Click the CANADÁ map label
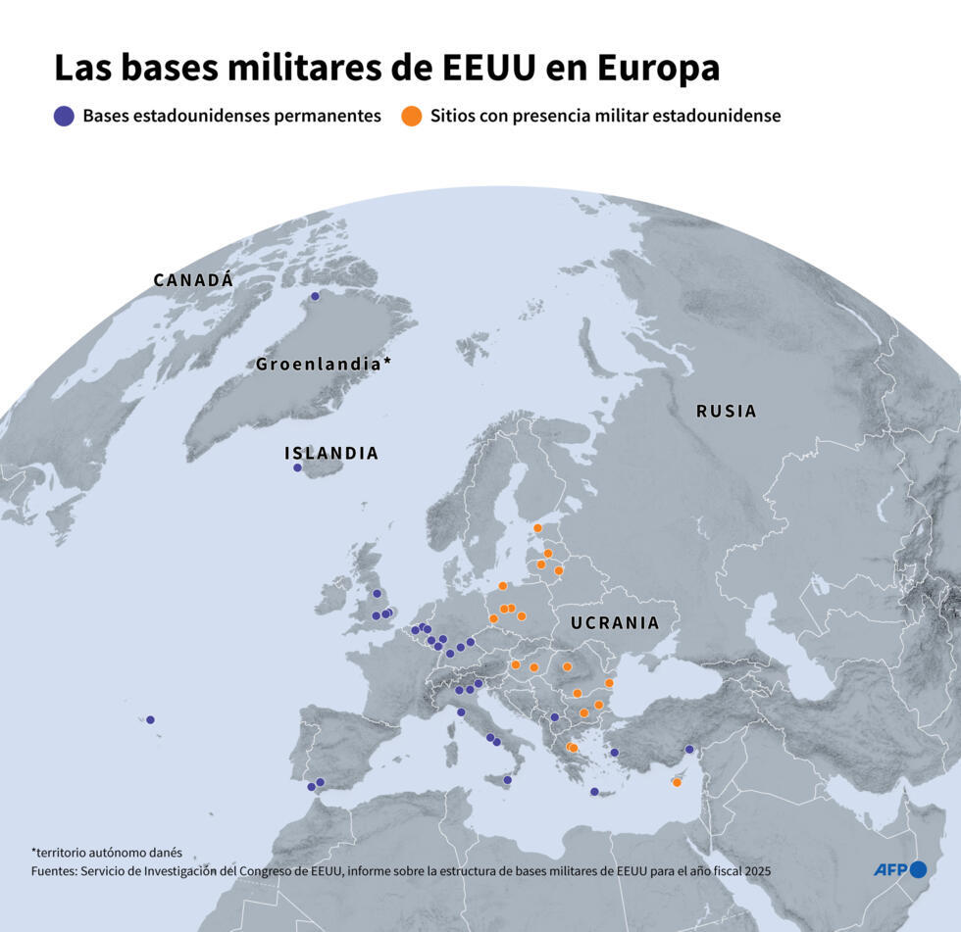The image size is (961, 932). pos(193,280)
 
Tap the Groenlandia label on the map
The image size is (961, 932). pos(323,364)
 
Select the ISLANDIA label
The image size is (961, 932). pos(330,454)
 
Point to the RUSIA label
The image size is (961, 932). pos(727,412)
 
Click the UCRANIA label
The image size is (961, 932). pos(615,623)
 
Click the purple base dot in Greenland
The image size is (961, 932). pos(315,296)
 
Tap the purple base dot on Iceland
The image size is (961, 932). pos(297,467)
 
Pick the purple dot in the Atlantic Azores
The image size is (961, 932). pos(150,719)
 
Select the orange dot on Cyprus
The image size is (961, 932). pos(677,782)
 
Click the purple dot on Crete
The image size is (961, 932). pos(593,792)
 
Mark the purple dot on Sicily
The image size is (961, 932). pos(507,780)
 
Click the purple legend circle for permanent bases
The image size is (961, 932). pos(64,116)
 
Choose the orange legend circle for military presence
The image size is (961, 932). pos(412,116)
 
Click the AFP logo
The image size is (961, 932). pos(899,869)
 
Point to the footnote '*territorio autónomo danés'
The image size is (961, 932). pos(107,853)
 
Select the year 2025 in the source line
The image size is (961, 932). pos(756,870)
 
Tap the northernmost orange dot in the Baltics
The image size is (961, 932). pos(537,528)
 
